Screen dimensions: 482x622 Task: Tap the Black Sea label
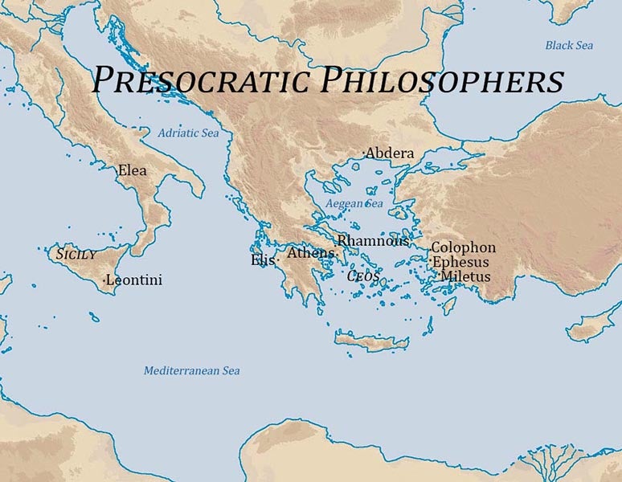click(x=569, y=45)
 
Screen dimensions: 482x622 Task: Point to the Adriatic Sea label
click(x=187, y=133)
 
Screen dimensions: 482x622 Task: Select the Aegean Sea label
click(x=354, y=204)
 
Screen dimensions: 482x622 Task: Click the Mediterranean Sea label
click(x=191, y=370)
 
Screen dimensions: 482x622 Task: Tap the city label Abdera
click(x=391, y=153)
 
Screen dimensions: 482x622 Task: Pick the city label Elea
click(x=132, y=170)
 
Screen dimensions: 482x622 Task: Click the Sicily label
click(x=76, y=254)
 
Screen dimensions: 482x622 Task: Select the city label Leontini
click(x=135, y=280)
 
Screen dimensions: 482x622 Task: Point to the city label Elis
click(x=262, y=259)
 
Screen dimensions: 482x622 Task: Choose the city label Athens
click(x=310, y=253)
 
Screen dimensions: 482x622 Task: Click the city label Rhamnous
click(x=372, y=240)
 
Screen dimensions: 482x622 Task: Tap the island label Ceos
click(x=362, y=276)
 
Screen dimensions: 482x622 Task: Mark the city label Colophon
click(x=464, y=247)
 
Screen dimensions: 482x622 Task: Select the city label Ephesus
click(x=460, y=262)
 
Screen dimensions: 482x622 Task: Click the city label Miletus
click(x=465, y=276)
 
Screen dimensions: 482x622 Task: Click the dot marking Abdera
click(x=363, y=152)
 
